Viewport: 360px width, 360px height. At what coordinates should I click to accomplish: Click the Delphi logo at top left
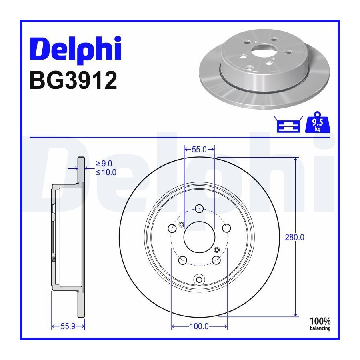point(75,49)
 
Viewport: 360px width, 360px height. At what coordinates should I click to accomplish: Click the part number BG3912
point(74,80)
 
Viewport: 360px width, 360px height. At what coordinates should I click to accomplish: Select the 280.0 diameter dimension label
point(294,237)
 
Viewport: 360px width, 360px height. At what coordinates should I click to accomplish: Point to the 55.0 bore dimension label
point(199,150)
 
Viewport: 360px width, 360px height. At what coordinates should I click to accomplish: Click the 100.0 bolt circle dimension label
point(199,326)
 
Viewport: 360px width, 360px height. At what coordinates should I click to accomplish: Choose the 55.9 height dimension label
point(68,326)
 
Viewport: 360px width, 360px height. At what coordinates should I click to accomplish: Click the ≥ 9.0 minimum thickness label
point(104,164)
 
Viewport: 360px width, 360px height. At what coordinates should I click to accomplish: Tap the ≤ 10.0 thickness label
point(106,172)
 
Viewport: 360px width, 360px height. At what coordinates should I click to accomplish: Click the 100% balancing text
point(320,324)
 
